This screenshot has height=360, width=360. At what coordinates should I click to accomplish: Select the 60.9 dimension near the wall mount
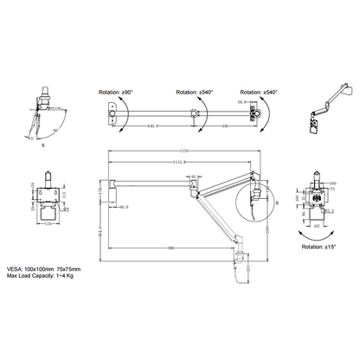[123, 207]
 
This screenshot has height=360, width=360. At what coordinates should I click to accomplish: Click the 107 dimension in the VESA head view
[314, 228]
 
